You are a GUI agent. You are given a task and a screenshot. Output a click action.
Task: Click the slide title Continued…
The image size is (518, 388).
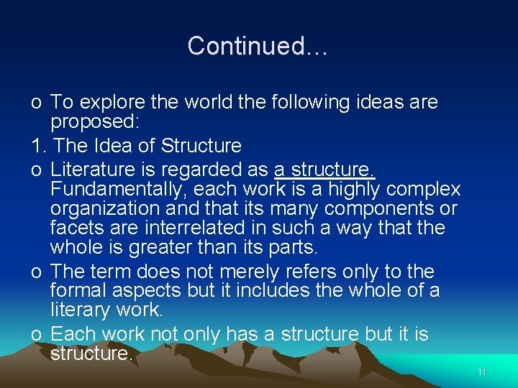[258, 46]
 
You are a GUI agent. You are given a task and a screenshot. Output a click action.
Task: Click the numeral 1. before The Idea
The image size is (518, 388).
[39, 146]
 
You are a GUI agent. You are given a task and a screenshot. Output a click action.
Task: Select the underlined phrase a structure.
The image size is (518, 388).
[324, 170]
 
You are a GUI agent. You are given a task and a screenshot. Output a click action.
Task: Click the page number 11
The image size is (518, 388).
[482, 372]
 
